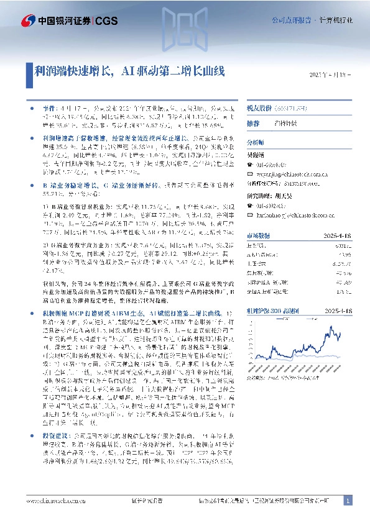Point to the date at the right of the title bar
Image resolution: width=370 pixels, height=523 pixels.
pyautogui.click(x=329, y=75)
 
